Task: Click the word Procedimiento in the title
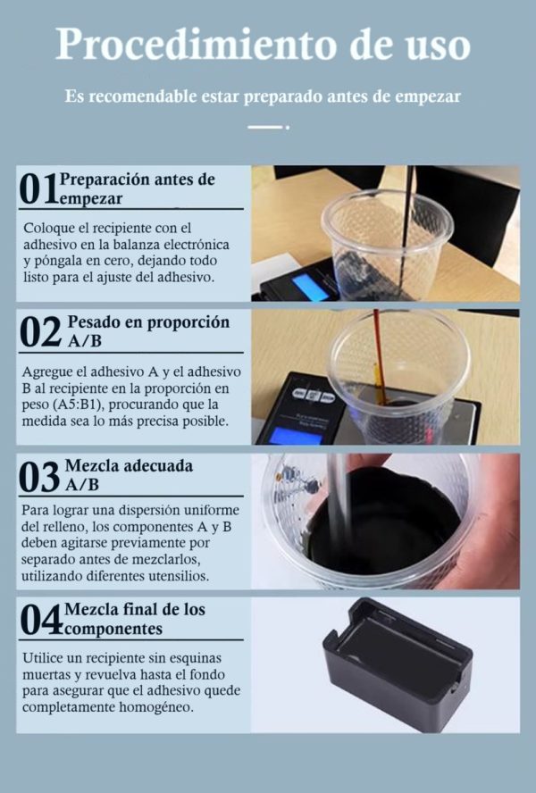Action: pyautogui.click(x=197, y=46)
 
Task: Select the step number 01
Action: pyautogui.click(x=38, y=189)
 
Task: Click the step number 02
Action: pyautogui.click(x=40, y=332)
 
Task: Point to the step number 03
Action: pyautogui.click(x=39, y=477)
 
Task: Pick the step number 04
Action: pyautogui.click(x=41, y=620)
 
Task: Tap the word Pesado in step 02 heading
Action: pyautogui.click(x=93, y=323)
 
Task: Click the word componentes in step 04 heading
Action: pyautogui.click(x=113, y=630)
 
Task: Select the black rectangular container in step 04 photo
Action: pyautogui.click(x=398, y=664)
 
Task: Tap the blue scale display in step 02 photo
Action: pyautogui.click(x=295, y=436)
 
